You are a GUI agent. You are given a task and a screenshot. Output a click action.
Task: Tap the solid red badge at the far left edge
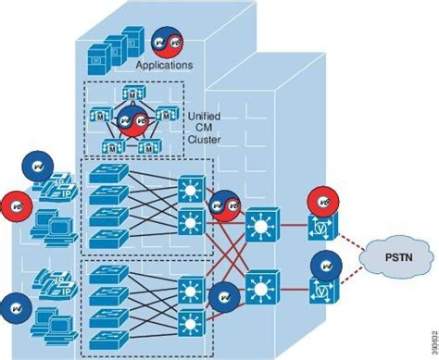pos(14,203)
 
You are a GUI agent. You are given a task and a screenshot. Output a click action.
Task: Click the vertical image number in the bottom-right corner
pos(432,341)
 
